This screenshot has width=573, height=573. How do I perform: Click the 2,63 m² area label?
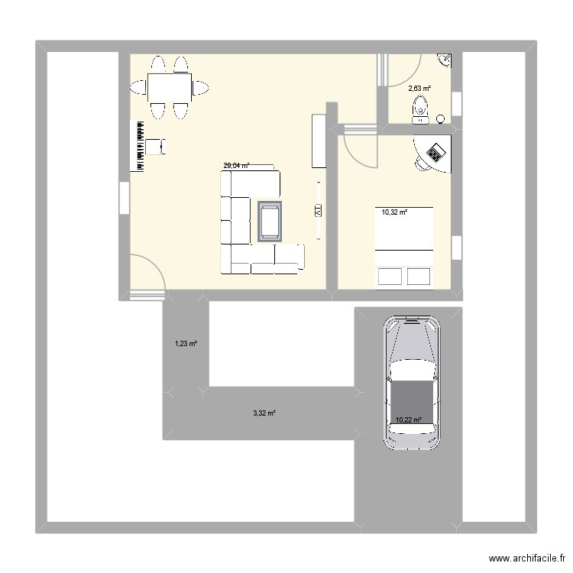tap(419, 89)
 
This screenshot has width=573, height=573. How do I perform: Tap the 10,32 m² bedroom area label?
tap(394, 213)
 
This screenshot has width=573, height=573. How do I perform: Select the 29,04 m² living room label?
tap(236, 165)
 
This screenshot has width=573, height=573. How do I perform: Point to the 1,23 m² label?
tap(186, 344)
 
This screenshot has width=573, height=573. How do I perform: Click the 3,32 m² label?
tap(264, 413)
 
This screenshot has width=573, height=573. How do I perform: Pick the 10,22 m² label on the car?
tap(409, 419)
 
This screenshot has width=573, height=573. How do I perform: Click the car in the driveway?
tap(413, 382)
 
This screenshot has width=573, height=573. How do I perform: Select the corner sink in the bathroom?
tap(445, 59)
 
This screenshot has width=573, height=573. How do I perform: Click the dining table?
tap(170, 88)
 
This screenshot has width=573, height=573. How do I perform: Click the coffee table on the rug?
tap(270, 222)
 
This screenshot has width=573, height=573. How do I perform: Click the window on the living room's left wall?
tap(123, 198)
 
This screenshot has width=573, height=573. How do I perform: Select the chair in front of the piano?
tap(157, 146)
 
